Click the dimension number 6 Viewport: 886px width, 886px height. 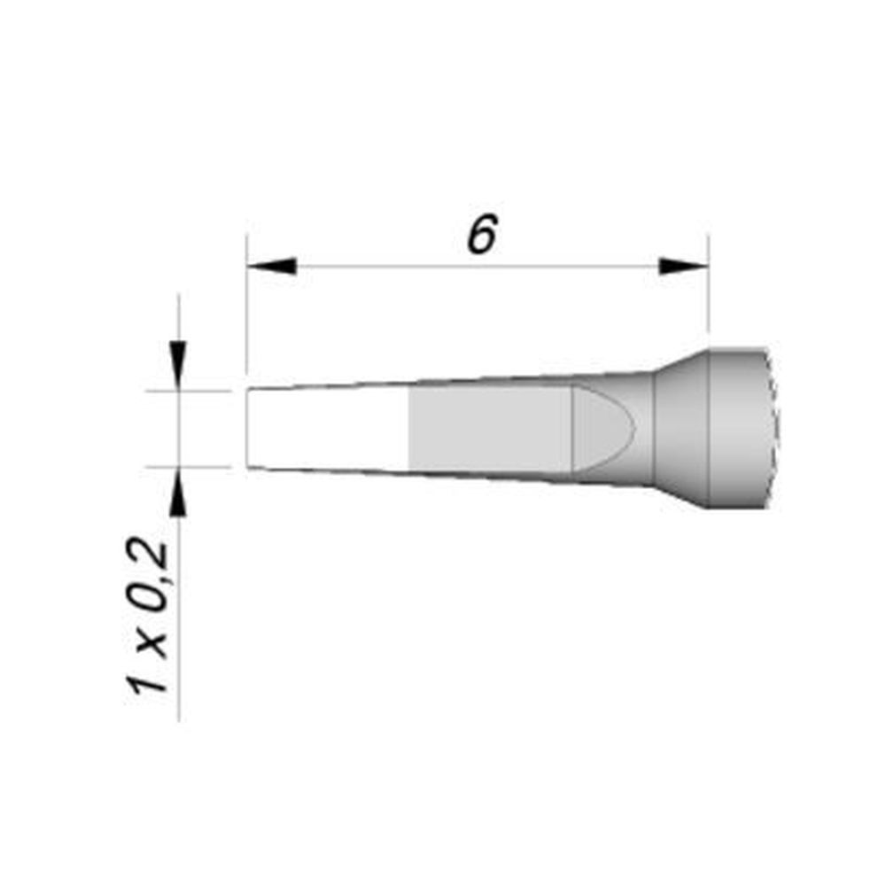coord(479,236)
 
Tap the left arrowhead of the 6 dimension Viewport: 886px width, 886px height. coord(270,266)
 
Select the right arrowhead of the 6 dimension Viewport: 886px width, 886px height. coord(684,266)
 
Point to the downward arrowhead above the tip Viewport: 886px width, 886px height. coord(179,365)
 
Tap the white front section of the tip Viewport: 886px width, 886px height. coord(328,428)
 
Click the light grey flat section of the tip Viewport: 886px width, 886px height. coord(487,430)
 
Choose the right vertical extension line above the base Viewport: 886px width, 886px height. coord(709,301)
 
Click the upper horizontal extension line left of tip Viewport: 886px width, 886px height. coord(190,390)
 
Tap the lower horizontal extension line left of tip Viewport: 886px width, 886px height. coord(190,466)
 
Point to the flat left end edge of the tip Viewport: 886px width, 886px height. coord(247,428)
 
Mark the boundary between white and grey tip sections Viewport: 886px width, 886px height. coord(408,430)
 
